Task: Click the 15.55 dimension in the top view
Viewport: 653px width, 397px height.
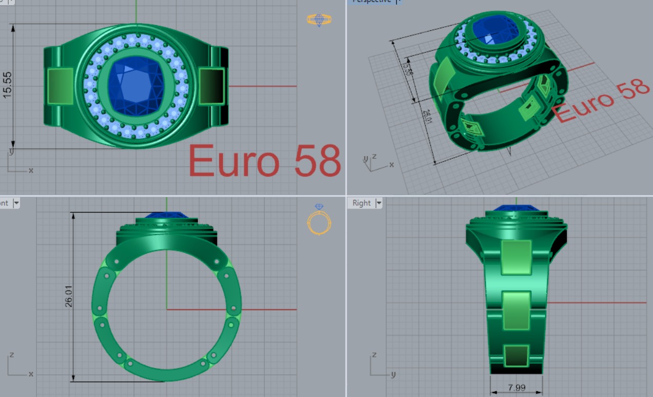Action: point(7,85)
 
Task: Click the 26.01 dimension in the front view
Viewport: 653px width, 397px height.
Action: point(68,297)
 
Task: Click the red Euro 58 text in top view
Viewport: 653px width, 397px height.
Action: point(264,161)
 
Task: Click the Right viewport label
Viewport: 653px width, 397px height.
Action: point(361,203)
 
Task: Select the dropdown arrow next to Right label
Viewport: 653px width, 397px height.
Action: point(378,203)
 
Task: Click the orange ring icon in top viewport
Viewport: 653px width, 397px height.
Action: point(319,20)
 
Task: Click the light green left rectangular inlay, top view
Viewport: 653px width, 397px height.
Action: point(61,86)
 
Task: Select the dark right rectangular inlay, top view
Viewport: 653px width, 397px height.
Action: point(212,86)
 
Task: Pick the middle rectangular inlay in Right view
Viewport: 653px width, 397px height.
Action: point(516,311)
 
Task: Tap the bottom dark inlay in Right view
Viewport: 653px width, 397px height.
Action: point(516,355)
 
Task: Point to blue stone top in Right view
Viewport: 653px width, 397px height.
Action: point(516,209)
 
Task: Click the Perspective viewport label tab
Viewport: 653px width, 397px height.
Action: point(370,2)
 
